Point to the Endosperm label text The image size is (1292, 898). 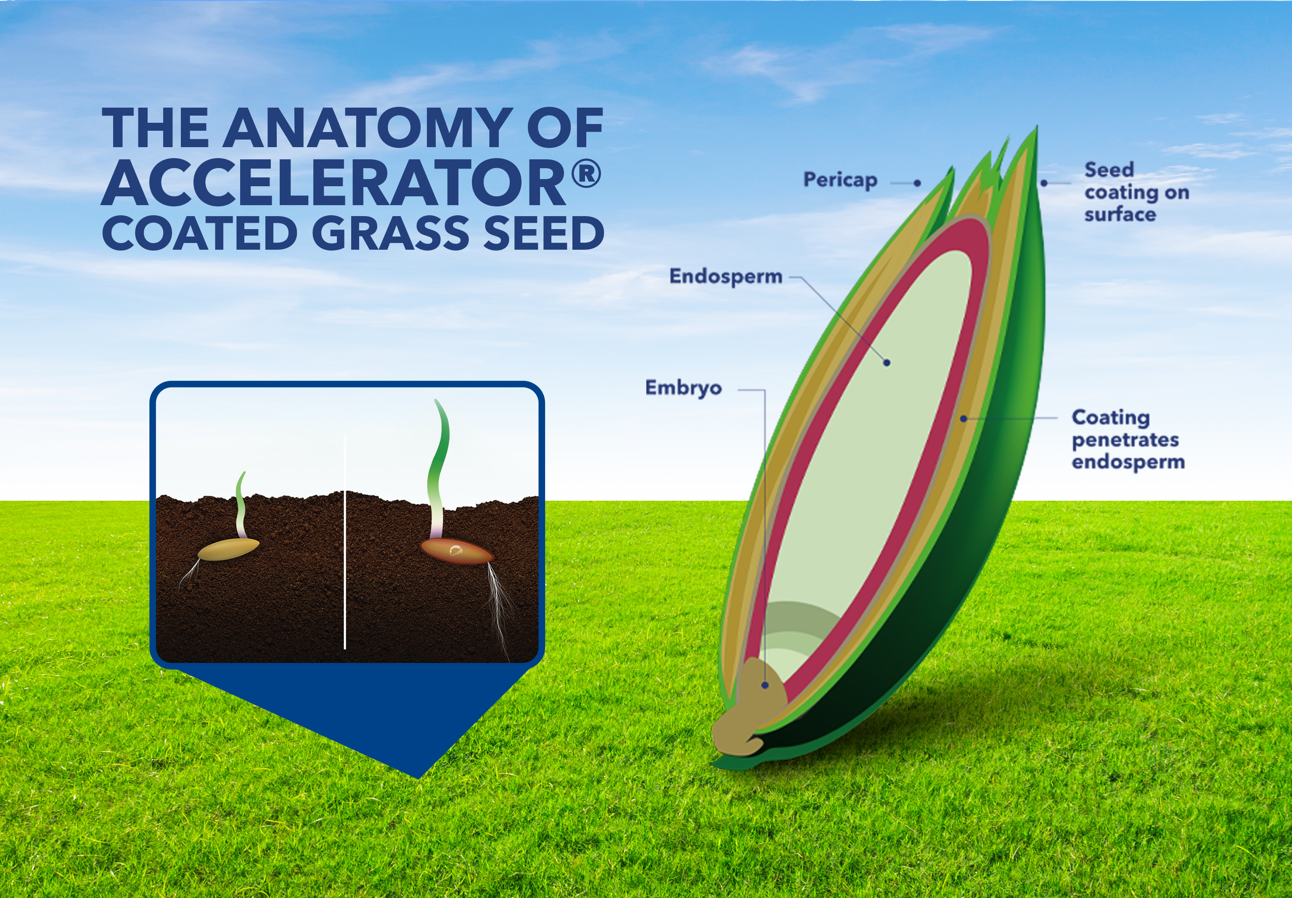[x=726, y=277]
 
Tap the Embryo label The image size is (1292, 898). [x=683, y=388]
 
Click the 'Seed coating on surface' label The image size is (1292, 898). [x=1136, y=192]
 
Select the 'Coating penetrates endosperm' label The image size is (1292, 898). [x=1128, y=439]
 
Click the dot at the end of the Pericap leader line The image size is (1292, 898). [x=917, y=183]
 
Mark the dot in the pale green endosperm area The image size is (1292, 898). [x=887, y=363]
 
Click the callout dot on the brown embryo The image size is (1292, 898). [x=765, y=685]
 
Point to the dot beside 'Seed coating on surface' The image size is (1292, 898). [x=1044, y=183]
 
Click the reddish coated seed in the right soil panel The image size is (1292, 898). [x=456, y=552]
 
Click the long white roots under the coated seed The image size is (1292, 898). [x=500, y=610]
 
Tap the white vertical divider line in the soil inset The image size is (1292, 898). [x=344, y=542]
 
